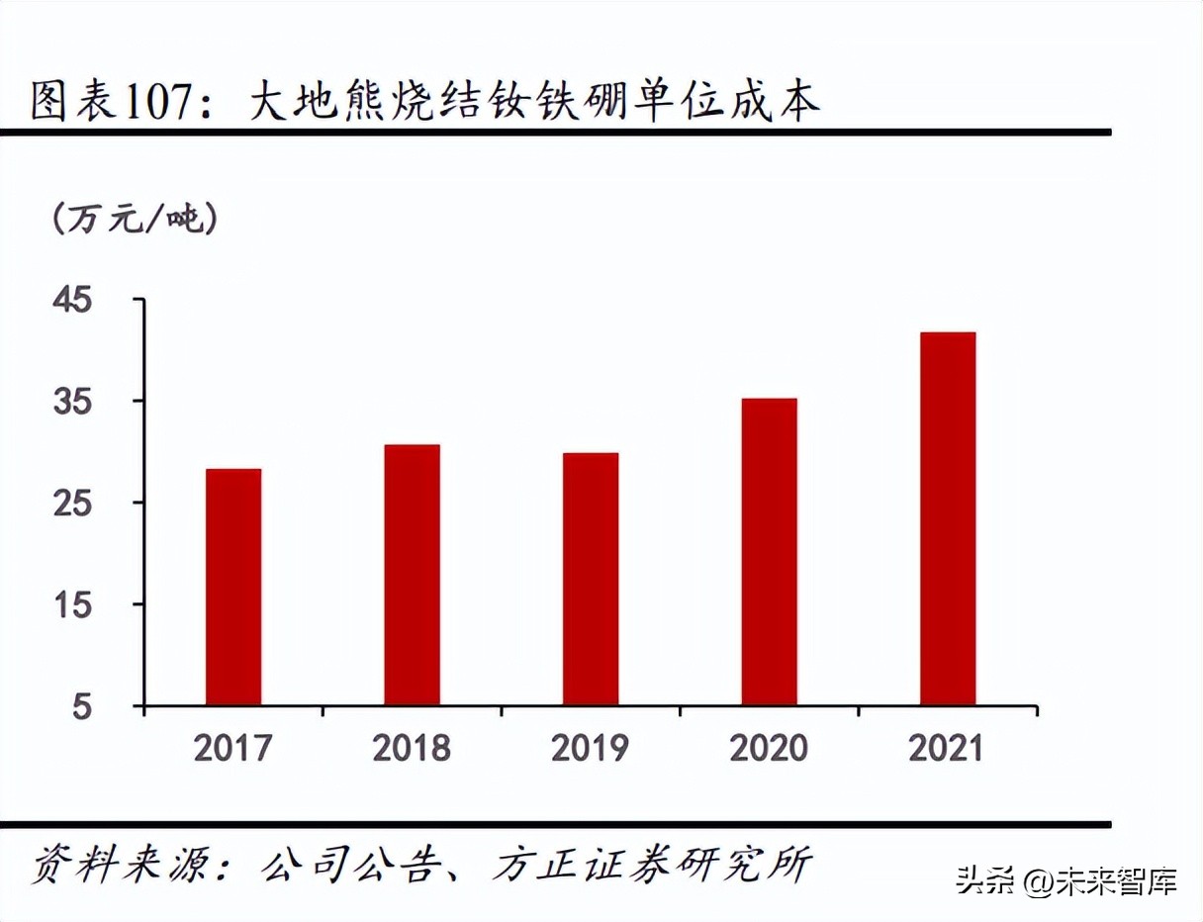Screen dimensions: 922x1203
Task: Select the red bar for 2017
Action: [x=233, y=587]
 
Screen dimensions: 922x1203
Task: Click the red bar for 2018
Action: [x=413, y=575]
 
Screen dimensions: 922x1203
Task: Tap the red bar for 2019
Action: [x=591, y=579]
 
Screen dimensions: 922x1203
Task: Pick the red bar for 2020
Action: [x=769, y=552]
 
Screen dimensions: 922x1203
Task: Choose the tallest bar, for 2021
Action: [x=948, y=518]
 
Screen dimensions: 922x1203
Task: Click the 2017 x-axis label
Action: [x=232, y=748]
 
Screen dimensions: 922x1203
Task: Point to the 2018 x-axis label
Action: [x=412, y=748]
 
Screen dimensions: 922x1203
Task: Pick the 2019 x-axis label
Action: [x=590, y=748]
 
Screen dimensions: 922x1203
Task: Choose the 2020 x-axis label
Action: [x=769, y=748]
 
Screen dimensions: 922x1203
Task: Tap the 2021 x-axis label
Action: [x=947, y=748]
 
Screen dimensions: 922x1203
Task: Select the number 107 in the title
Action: [x=161, y=102]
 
